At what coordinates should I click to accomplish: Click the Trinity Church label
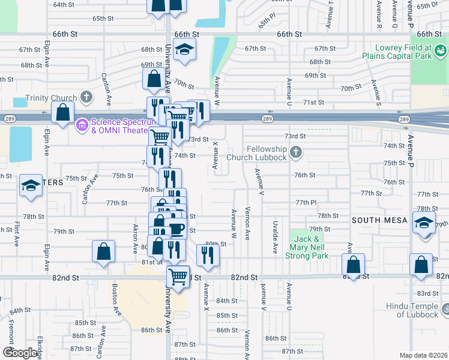pos(51,98)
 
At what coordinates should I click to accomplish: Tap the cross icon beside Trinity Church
pos(86,97)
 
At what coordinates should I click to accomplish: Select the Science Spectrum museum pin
pos(82,125)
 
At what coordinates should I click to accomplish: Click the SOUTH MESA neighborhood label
pos(379,220)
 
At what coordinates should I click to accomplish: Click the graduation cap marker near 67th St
pos(185,50)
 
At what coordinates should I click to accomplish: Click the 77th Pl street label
pos(306,203)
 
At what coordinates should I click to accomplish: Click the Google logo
pos(20,353)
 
